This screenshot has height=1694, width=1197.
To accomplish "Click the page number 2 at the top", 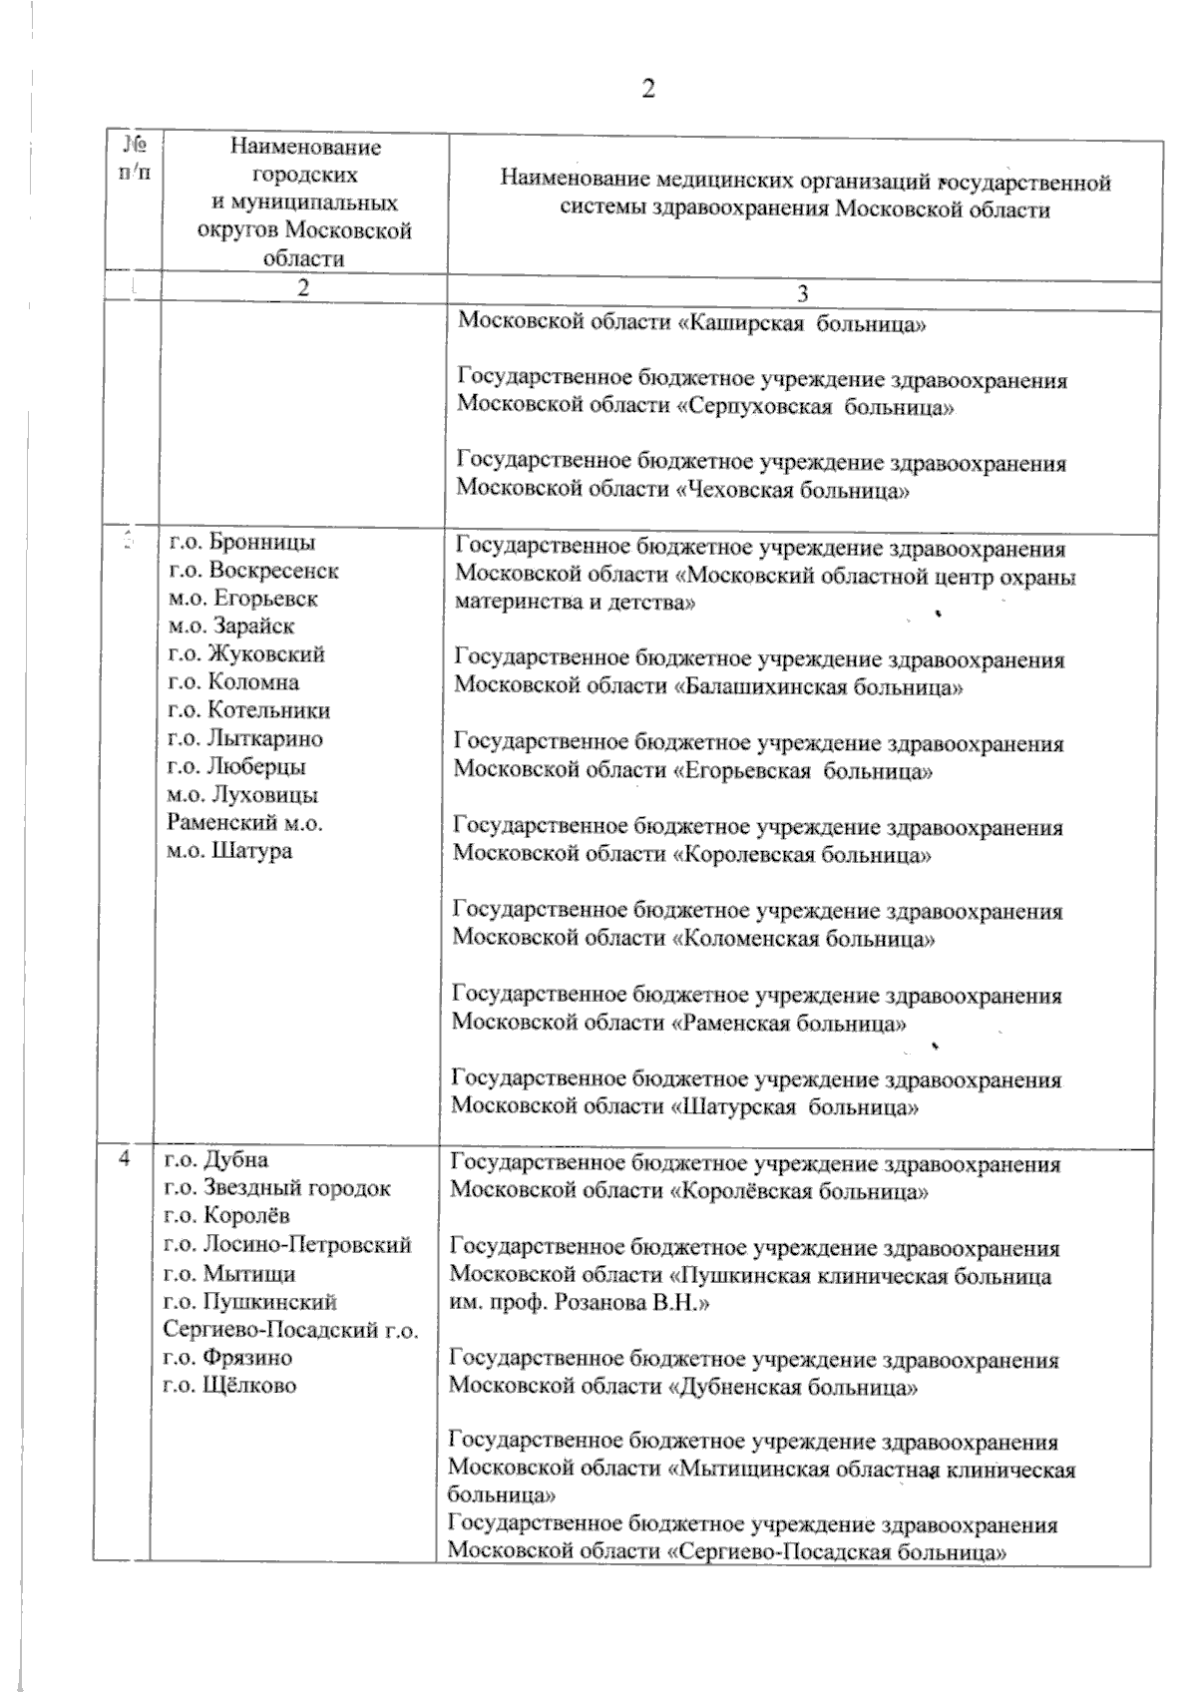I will click(x=648, y=89).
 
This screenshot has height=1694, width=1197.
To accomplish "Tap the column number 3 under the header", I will click(x=804, y=293).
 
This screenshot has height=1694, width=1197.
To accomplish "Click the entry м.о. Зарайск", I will click(x=232, y=627).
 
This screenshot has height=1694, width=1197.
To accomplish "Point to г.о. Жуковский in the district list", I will click(x=247, y=654).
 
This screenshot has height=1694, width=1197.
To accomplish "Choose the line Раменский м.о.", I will click(x=244, y=823).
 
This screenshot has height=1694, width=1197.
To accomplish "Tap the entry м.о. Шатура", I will click(x=229, y=851).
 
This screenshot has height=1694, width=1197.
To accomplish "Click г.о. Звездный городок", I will click(x=277, y=1188).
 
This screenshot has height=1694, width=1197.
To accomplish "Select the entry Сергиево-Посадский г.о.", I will click(x=290, y=1329).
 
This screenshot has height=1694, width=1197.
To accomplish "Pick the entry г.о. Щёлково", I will click(x=230, y=1385).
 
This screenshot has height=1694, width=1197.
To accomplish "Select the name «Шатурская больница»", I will click(x=796, y=1107).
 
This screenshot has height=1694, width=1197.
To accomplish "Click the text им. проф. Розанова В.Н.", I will click(x=580, y=1304).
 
